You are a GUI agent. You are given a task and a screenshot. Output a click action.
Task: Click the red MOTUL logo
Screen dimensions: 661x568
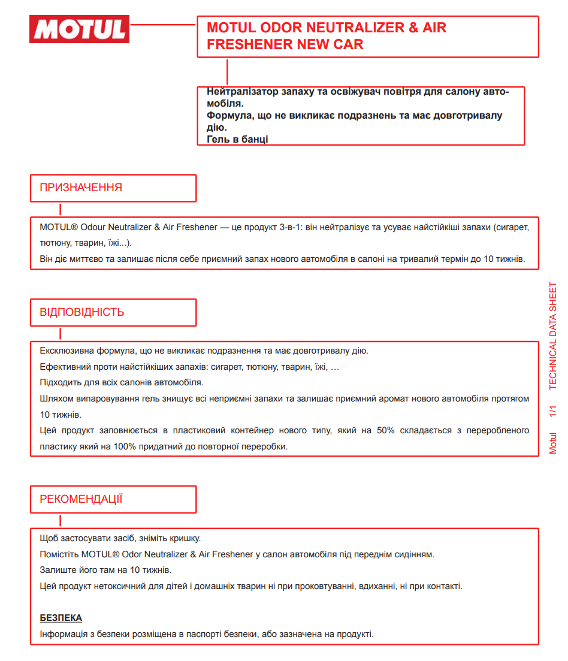[79, 29]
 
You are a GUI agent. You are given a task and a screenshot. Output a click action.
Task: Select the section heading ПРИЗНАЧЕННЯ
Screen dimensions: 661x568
[81, 188]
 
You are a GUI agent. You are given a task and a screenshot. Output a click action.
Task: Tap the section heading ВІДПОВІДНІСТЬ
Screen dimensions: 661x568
[82, 312]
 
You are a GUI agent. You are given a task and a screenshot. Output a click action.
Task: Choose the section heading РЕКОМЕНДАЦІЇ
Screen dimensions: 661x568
[81, 499]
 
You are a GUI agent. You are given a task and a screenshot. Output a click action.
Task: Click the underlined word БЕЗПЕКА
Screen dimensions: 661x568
[61, 618]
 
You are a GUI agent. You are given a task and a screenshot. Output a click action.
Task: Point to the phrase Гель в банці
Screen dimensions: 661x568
[237, 139]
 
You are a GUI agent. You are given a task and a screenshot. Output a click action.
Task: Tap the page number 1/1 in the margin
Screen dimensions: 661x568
[552, 412]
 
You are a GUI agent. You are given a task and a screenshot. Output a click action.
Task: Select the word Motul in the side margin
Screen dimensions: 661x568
[552, 443]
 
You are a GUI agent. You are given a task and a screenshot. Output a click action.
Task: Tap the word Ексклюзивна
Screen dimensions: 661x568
[65, 351]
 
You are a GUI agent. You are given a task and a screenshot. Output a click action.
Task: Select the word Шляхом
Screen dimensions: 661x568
[55, 399]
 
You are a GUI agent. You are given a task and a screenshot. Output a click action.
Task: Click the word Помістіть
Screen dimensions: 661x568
[59, 554]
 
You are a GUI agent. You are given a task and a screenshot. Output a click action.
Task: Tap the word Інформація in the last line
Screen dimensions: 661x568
[63, 633]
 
